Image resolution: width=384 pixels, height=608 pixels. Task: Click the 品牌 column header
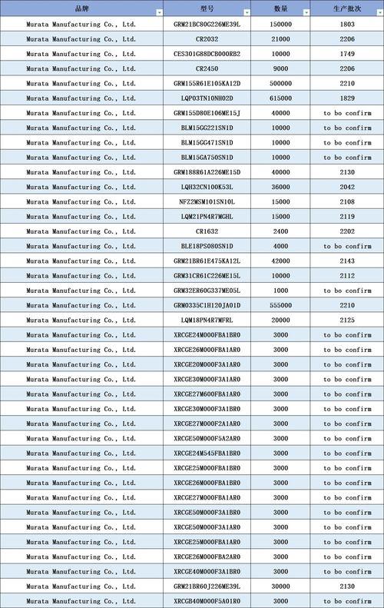click(x=81, y=8)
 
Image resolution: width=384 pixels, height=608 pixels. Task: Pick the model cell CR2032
click(x=207, y=38)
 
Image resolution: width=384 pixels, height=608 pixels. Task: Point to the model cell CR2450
click(x=207, y=68)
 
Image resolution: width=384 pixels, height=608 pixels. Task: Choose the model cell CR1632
click(x=207, y=231)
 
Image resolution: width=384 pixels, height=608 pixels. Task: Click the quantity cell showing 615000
click(x=281, y=98)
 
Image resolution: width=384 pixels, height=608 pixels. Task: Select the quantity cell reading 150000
click(x=281, y=24)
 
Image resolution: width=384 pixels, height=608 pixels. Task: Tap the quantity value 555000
click(x=281, y=305)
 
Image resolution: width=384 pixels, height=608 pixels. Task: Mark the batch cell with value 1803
click(x=347, y=24)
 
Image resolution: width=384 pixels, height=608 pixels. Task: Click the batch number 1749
click(x=347, y=54)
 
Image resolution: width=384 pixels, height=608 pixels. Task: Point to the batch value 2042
click(x=347, y=187)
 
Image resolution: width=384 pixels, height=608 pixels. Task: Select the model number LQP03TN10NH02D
click(x=207, y=98)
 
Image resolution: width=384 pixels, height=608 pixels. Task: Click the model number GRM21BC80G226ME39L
click(x=207, y=24)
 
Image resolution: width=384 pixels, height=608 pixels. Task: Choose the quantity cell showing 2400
click(x=281, y=231)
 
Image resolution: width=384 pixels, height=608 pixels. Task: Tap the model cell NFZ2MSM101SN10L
click(x=207, y=201)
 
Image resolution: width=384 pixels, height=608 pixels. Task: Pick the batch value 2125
click(x=347, y=320)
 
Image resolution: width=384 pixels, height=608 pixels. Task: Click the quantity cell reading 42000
click(x=281, y=261)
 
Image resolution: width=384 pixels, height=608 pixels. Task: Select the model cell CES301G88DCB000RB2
click(x=207, y=54)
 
